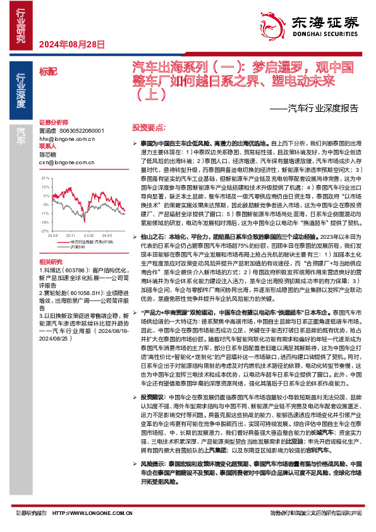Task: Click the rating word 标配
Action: [47, 71]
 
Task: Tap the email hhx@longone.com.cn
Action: [64, 138]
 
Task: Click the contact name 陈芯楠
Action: [48, 153]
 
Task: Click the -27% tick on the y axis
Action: [44, 214]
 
